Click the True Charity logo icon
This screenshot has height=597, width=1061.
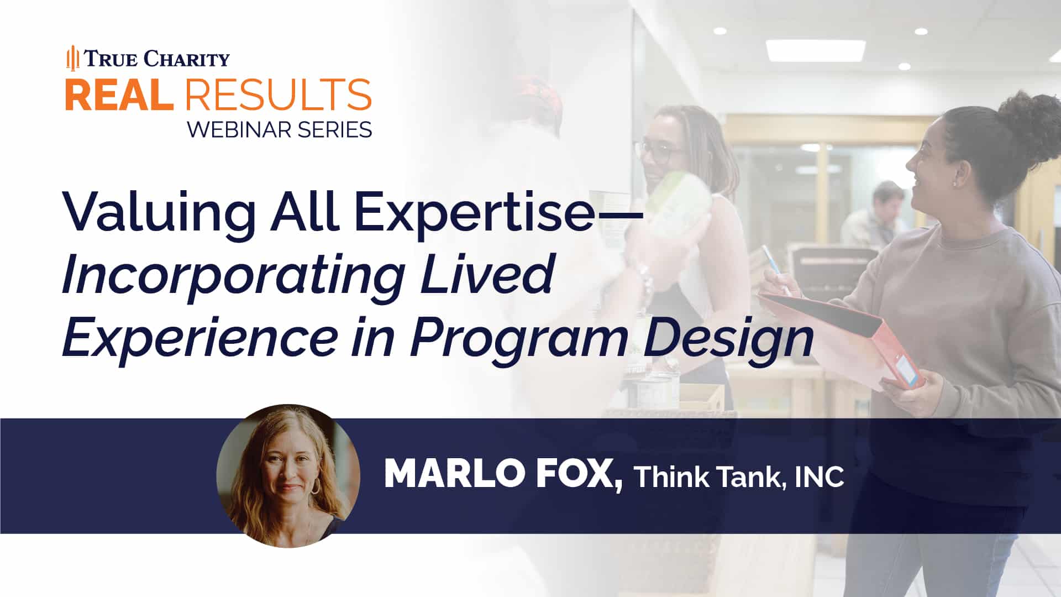[x=72, y=59]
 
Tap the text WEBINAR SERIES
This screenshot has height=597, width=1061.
[x=279, y=130]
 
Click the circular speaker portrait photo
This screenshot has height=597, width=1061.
[x=288, y=475]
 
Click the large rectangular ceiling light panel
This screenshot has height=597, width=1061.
[x=815, y=51]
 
